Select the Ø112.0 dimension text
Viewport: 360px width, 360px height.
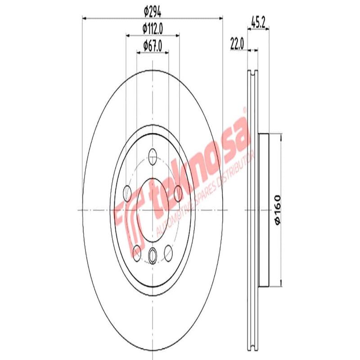tap(152, 28)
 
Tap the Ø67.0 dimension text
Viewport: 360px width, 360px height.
tap(152, 45)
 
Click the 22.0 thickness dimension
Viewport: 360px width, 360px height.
tap(237, 44)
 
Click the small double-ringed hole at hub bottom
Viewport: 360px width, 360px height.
tap(153, 256)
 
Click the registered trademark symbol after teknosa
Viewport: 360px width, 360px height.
tap(245, 109)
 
